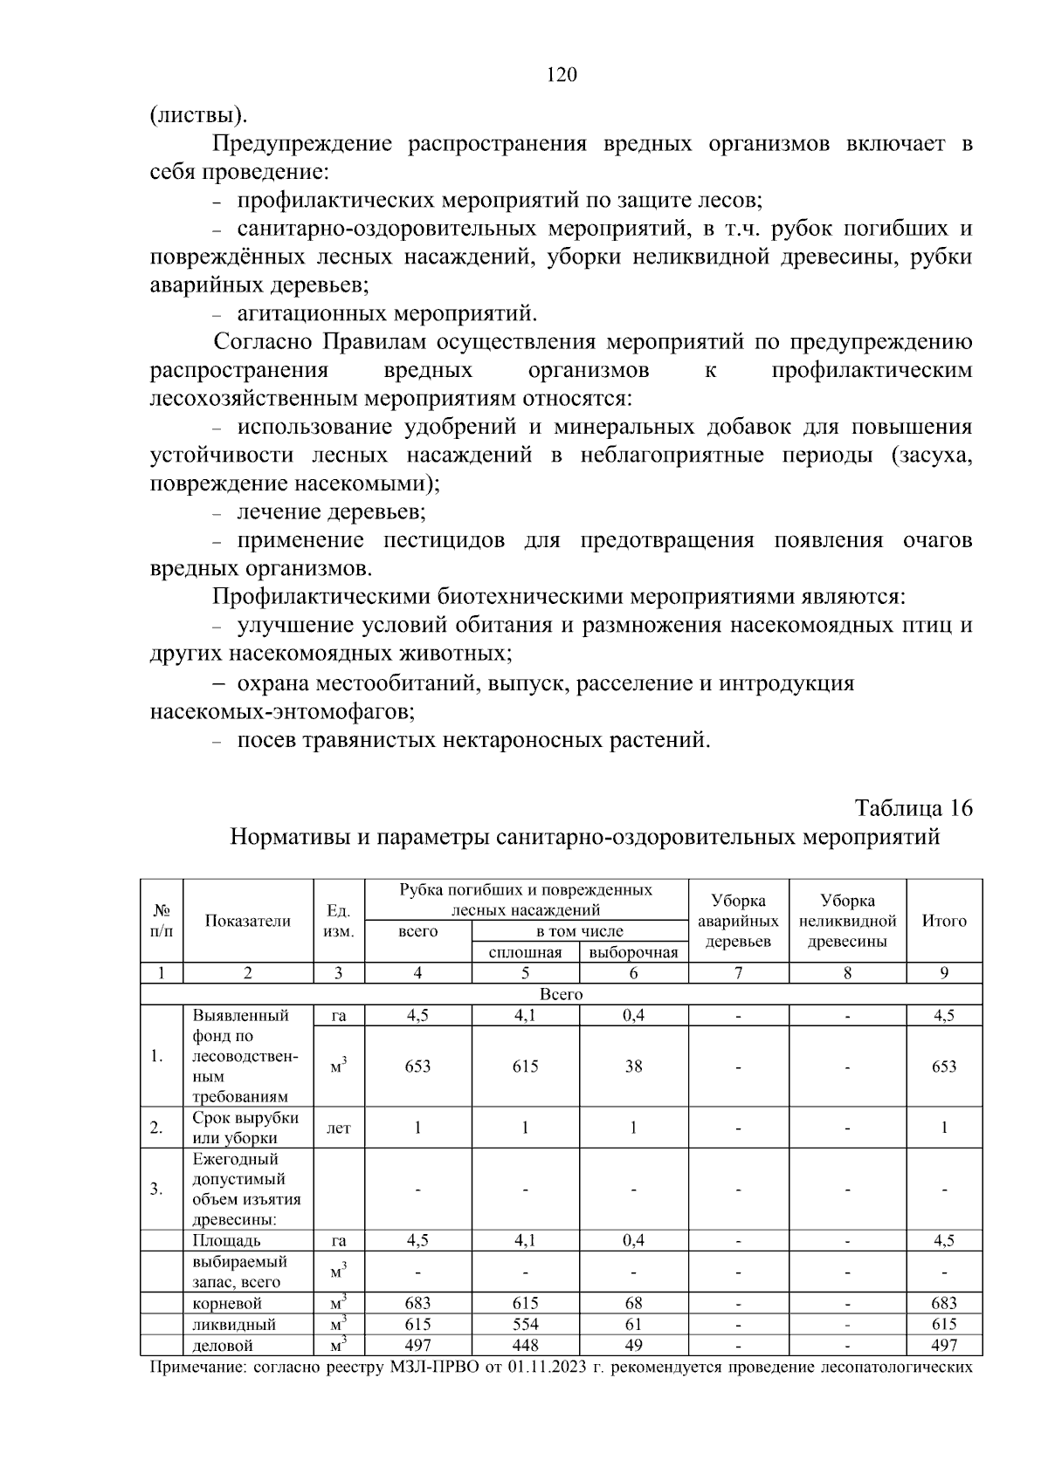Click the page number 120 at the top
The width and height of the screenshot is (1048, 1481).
(562, 75)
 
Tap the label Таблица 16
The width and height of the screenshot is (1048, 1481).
(913, 807)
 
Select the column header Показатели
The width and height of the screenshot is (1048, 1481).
(248, 921)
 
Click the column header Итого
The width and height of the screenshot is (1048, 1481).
(944, 921)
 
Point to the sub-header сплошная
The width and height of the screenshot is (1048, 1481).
(525, 952)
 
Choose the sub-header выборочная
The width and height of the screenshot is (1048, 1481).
(633, 952)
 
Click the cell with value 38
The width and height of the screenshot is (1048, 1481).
(633, 1066)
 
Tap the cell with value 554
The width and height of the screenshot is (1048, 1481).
(525, 1324)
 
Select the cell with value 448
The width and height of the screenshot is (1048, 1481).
(525, 1345)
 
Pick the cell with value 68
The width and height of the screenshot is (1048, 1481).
(633, 1303)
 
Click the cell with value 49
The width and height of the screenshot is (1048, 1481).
(633, 1345)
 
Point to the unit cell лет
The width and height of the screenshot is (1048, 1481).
(338, 1128)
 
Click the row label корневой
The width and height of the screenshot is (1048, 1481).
(227, 1303)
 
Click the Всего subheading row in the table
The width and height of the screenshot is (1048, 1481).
(561, 994)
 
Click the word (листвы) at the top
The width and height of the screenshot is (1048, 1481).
(197, 114)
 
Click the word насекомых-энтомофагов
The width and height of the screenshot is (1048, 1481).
(282, 712)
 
